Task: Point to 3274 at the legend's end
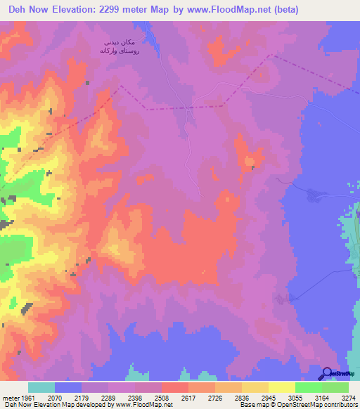pyautogui.click(x=349, y=398)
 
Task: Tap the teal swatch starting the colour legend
pyautogui.click(x=41, y=387)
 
